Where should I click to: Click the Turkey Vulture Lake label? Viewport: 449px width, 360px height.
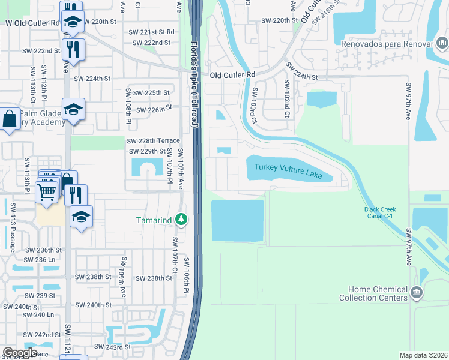[288, 171]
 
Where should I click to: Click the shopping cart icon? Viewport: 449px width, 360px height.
[46, 192]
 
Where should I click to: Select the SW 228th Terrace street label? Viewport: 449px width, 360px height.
[153, 140]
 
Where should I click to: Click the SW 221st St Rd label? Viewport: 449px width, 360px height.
[154, 32]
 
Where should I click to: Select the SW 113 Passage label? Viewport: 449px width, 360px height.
[13, 222]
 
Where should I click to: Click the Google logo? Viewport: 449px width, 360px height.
[20, 352]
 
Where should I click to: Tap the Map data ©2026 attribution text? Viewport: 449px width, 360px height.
[423, 355]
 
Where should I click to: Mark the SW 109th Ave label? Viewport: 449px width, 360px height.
[122, 276]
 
